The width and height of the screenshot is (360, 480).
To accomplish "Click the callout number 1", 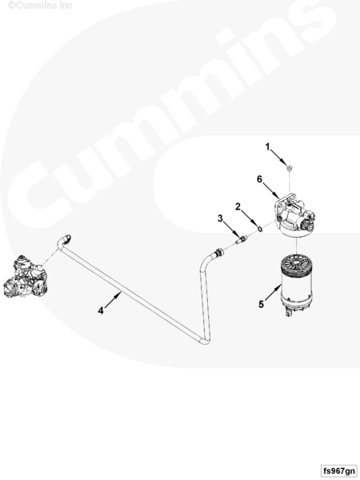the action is pos(267,147).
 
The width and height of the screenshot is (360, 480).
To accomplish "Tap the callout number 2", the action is pos(238,207).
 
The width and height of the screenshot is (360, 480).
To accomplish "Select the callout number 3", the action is pos(220,218).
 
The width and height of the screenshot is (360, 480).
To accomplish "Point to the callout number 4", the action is pos(101,310).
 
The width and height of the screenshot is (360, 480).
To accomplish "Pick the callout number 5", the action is pos(261,304).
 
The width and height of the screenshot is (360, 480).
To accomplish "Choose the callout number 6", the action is pos(259,179).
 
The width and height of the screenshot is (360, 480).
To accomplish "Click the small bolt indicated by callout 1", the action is pos(289,167).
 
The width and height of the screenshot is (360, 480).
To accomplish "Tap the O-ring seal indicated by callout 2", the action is pos(259,228).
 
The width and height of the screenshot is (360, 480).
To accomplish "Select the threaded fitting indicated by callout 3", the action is pos(242,239).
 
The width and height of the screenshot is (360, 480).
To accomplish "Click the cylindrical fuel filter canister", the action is pos(297,284).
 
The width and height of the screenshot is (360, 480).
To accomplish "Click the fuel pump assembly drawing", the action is pos(26,277).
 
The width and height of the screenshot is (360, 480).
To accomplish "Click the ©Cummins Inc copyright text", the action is pos(40,6).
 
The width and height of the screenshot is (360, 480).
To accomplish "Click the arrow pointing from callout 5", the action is pos(273,292).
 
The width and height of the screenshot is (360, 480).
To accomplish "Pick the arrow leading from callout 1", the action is pos(280,158).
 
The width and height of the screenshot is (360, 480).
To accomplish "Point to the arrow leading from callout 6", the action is pos(271,190).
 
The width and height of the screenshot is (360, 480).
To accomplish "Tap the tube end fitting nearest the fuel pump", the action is pos(66,238).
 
